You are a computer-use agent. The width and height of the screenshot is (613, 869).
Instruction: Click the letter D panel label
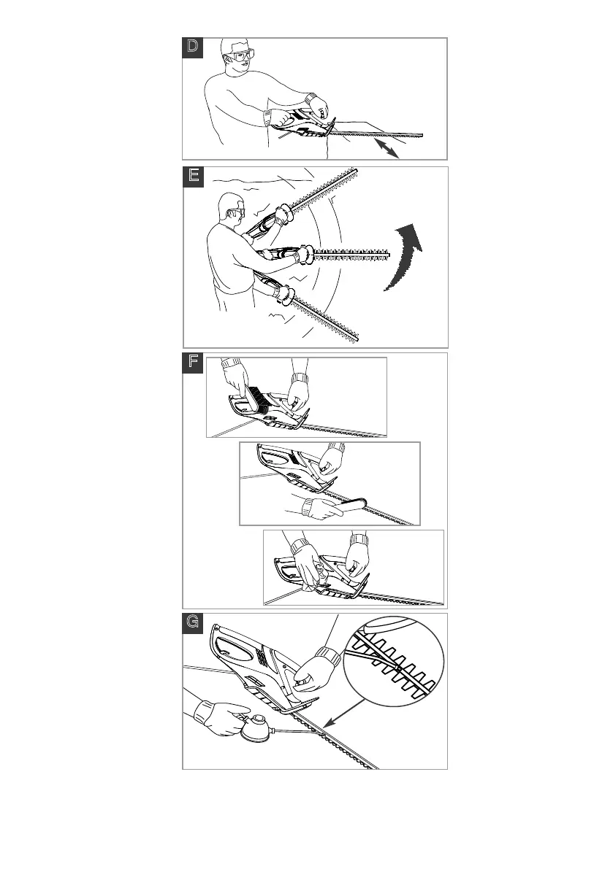[x=192, y=47]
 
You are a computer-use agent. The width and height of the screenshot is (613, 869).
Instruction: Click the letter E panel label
[x=193, y=176]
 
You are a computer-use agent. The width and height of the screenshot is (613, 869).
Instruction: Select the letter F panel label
[x=193, y=363]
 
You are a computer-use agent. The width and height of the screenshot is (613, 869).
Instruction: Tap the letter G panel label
[x=193, y=622]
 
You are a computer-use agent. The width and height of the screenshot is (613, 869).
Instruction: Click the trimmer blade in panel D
[x=380, y=133]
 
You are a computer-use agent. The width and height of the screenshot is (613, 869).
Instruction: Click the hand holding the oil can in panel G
[x=218, y=716]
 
